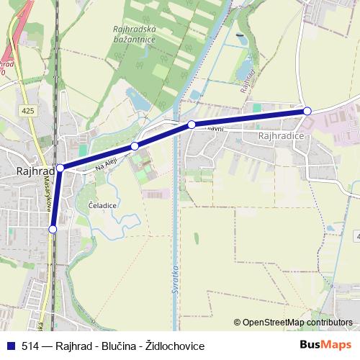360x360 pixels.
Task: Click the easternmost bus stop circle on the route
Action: coord(307,111)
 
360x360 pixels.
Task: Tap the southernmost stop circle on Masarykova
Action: coord(53,229)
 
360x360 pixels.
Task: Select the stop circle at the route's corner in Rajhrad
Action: coord(60,168)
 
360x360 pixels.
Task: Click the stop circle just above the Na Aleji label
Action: coord(135,146)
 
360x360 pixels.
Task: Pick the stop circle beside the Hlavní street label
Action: coord(192,125)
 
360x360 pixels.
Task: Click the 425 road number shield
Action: coord(27,111)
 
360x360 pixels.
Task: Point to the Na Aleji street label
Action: coord(105,166)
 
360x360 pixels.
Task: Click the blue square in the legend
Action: coord(11,345)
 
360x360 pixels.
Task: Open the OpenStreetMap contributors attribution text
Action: coord(297,322)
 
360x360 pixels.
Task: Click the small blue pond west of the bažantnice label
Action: coord(138,100)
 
